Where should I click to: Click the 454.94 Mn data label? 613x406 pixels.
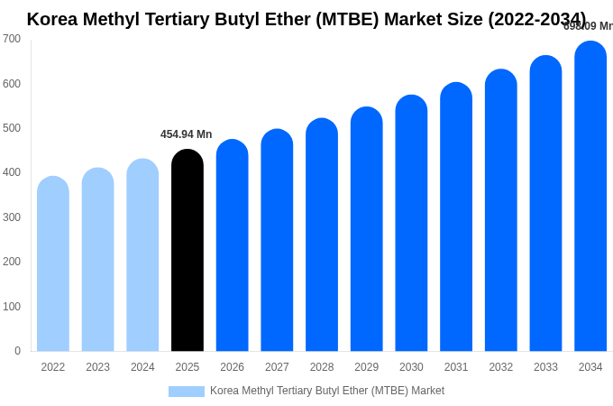[187, 134]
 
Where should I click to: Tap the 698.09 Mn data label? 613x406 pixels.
[588, 26]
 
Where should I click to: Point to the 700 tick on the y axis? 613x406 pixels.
[12, 39]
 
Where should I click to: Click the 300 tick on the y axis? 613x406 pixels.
[12, 217]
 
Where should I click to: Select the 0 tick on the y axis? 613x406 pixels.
[17, 351]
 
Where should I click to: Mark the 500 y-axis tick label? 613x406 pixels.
[12, 128]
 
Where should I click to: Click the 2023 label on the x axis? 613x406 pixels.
[97, 367]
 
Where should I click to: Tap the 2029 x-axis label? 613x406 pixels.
[366, 367]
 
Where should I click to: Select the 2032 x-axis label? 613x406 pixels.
[500, 367]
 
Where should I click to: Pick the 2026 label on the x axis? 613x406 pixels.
[232, 367]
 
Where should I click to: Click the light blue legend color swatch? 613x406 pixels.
[187, 392]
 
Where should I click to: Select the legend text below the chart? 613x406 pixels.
[327, 391]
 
